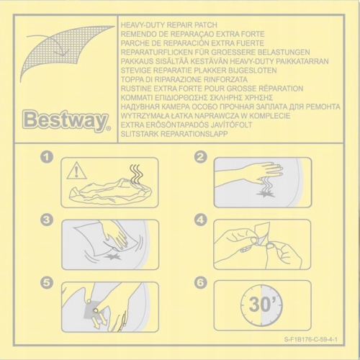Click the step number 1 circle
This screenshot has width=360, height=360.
tap(47, 158)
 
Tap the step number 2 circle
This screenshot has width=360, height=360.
tap(200, 158)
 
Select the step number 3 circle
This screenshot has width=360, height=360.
tap(47, 220)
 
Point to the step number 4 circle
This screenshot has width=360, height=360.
tap(200, 220)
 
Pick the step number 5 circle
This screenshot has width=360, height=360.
tap(47, 282)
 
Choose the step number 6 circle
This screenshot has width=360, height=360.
tap(200, 282)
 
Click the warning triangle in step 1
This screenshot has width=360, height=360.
tap(76, 171)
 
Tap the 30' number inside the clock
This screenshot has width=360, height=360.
tap(261, 304)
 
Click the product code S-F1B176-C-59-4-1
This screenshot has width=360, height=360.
tap(311, 340)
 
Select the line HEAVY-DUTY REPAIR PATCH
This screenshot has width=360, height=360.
tap(169, 25)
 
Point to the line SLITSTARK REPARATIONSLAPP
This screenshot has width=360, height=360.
tap(174, 134)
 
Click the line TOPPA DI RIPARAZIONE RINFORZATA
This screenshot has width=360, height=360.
tap(184, 79)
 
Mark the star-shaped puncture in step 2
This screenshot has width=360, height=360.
tap(265, 194)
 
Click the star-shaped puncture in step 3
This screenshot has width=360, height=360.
tap(112, 257)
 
